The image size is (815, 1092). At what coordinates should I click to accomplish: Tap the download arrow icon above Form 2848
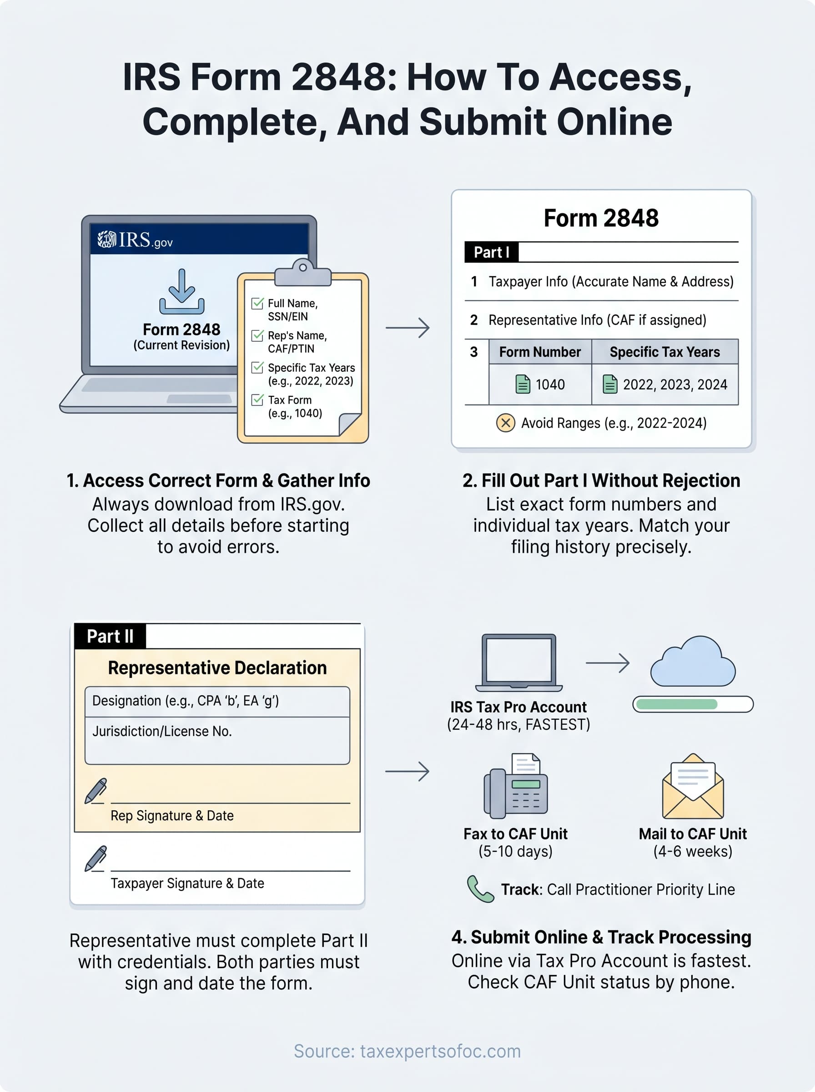[x=181, y=292]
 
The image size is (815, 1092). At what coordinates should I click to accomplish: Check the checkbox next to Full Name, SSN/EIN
[x=257, y=303]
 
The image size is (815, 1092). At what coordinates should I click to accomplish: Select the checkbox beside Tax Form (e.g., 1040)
[x=257, y=399]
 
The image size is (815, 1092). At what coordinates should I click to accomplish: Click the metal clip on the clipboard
[x=302, y=273]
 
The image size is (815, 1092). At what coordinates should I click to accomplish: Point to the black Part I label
[x=491, y=252]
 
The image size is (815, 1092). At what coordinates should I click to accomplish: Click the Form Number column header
[x=540, y=352]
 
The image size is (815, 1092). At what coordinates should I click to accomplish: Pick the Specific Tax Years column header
[x=664, y=352]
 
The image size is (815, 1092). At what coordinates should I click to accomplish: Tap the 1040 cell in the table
[x=540, y=384]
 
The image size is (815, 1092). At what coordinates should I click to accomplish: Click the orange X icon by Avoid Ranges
[x=505, y=423]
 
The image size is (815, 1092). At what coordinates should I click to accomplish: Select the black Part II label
[x=110, y=636]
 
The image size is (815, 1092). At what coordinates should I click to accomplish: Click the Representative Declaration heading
[x=217, y=667]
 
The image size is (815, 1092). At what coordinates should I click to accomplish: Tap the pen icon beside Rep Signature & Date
[x=96, y=791]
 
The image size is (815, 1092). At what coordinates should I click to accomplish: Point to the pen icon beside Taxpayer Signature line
[x=96, y=859]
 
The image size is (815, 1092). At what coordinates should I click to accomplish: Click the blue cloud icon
[x=693, y=662]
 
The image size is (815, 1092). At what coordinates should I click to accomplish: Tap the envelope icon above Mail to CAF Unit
[x=693, y=787]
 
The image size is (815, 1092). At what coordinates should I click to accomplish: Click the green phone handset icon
[x=479, y=889]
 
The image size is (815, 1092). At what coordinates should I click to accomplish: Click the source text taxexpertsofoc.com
[x=407, y=1051]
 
